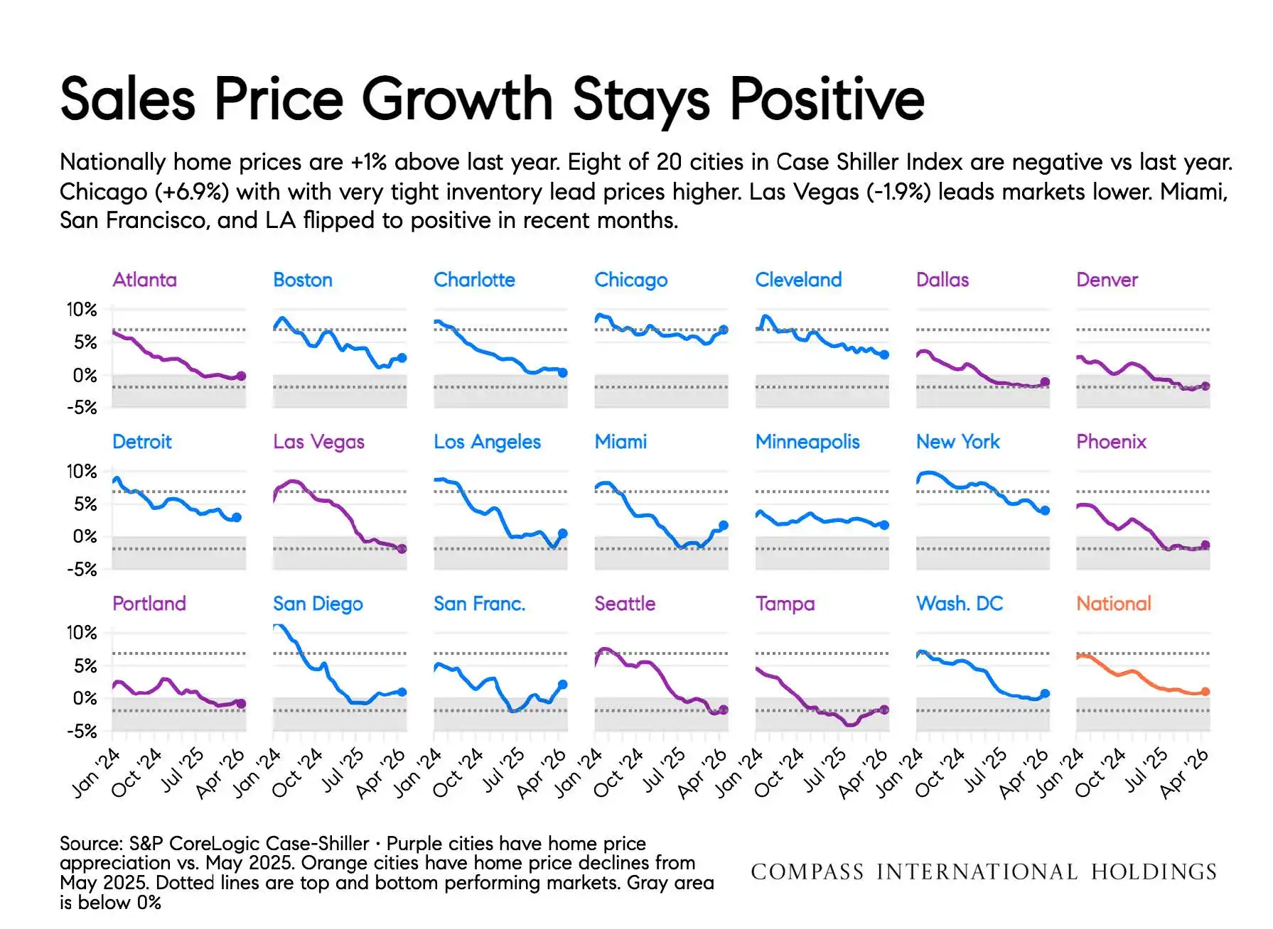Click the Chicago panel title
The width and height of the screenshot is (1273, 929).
click(x=630, y=281)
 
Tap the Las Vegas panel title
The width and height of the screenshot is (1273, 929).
click(x=318, y=442)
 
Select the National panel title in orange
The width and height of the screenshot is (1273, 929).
click(x=1113, y=604)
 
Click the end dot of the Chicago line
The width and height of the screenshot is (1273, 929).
click(x=724, y=330)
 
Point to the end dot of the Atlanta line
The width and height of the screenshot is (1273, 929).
click(x=241, y=376)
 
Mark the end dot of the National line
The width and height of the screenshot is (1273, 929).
click(x=1205, y=691)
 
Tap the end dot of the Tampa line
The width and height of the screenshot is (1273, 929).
click(x=884, y=710)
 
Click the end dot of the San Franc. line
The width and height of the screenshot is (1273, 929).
click(x=563, y=685)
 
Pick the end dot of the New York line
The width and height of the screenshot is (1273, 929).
click(x=1045, y=510)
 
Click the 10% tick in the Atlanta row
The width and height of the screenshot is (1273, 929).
click(x=82, y=310)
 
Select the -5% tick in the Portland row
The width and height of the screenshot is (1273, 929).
click(x=82, y=731)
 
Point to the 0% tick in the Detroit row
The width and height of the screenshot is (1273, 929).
click(x=85, y=536)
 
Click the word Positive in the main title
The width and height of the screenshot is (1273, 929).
click(x=827, y=99)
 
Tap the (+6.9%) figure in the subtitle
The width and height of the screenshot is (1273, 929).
click(x=195, y=192)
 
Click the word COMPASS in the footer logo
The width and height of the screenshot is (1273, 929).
click(x=807, y=871)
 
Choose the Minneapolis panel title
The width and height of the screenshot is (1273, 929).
click(x=807, y=442)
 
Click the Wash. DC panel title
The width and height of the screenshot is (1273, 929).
click(x=960, y=604)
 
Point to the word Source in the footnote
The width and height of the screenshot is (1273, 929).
click(x=90, y=844)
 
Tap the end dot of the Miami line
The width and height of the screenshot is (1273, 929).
click(x=724, y=526)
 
